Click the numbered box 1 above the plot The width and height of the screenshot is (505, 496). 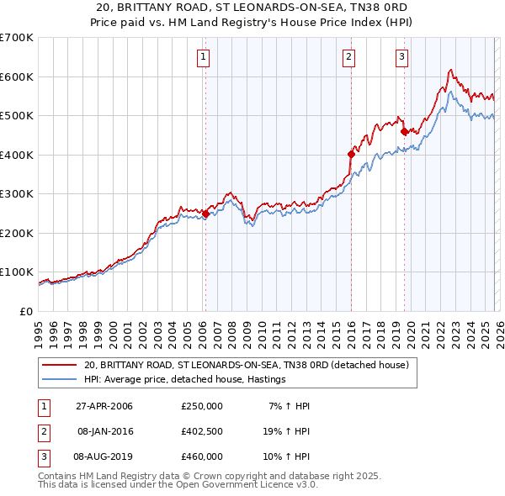click(x=205, y=57)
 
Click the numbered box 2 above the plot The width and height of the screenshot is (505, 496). click(x=348, y=57)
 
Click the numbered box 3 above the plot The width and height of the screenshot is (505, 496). click(x=402, y=57)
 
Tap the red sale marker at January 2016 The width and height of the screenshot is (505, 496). click(x=351, y=154)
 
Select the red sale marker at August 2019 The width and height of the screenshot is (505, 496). click(x=405, y=131)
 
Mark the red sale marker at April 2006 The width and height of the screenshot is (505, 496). click(x=206, y=214)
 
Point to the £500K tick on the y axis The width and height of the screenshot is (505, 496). click(x=17, y=116)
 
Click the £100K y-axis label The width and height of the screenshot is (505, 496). click(x=17, y=272)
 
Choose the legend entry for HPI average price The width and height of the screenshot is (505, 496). click(x=184, y=379)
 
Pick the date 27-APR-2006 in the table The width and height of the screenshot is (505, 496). click(x=104, y=406)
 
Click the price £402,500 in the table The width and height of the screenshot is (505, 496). click(x=201, y=431)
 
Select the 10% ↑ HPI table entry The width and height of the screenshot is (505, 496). click(x=289, y=456)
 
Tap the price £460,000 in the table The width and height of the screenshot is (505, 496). click(x=201, y=456)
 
